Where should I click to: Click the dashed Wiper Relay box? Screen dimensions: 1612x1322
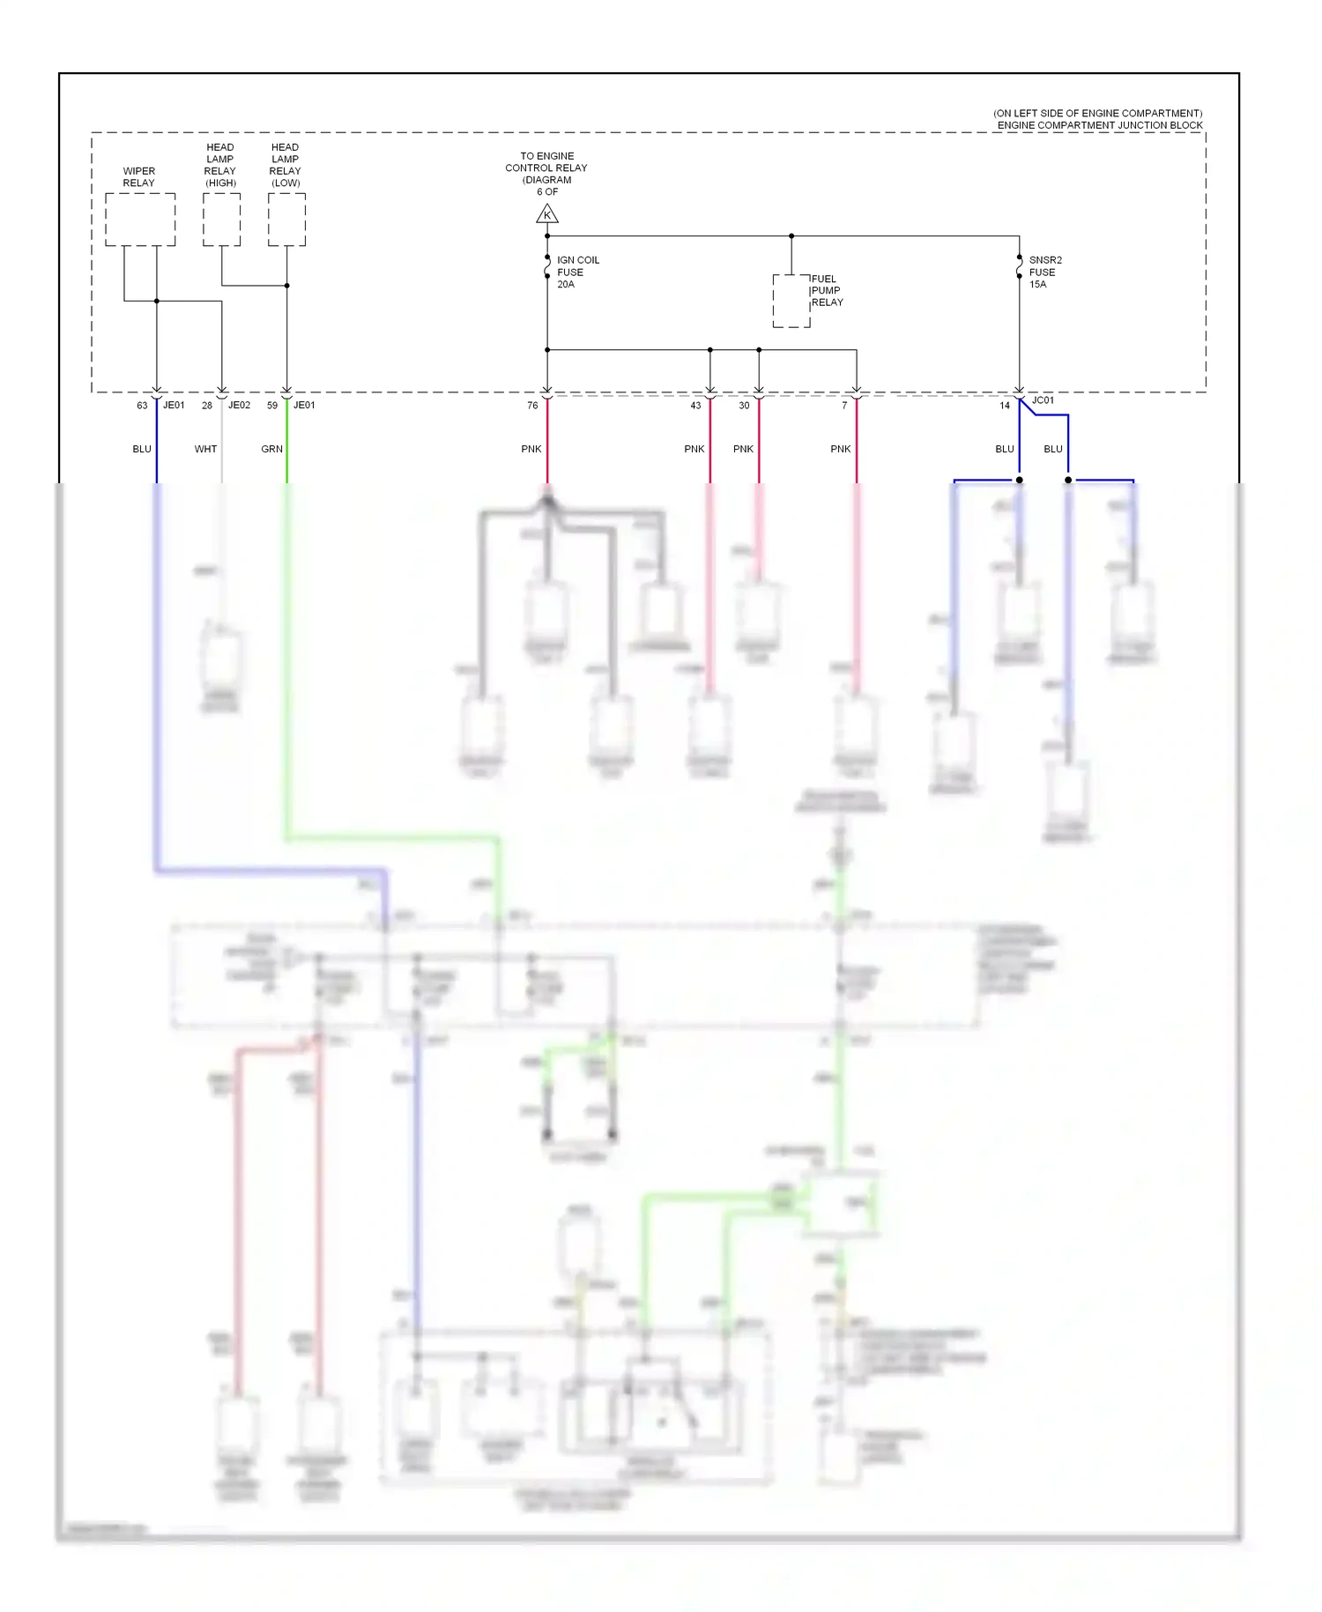point(140,220)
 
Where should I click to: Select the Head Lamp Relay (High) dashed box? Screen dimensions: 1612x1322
point(221,220)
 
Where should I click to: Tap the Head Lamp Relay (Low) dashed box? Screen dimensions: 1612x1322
point(286,220)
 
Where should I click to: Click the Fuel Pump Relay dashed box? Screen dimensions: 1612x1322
point(791,301)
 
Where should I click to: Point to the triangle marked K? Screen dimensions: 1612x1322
point(547,214)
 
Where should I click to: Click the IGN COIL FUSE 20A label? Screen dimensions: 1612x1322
point(577,272)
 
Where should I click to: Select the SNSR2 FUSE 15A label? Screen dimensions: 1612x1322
point(1045,272)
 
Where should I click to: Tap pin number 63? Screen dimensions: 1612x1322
point(142,406)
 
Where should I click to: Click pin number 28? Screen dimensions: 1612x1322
point(207,406)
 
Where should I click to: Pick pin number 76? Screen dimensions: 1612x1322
point(532,406)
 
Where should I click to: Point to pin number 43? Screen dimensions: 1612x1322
point(695,406)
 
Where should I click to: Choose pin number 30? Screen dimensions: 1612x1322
point(744,406)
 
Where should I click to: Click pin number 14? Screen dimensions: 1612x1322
point(1005,406)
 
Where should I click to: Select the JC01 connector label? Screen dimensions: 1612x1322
point(1043,400)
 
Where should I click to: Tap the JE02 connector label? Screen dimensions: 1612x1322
point(239,406)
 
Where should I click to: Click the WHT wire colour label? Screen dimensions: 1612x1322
point(205,449)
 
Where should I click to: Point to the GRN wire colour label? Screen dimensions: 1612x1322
point(271,449)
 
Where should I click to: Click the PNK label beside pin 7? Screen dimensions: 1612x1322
point(841,449)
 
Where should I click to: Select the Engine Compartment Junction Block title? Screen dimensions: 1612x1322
point(1099,125)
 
